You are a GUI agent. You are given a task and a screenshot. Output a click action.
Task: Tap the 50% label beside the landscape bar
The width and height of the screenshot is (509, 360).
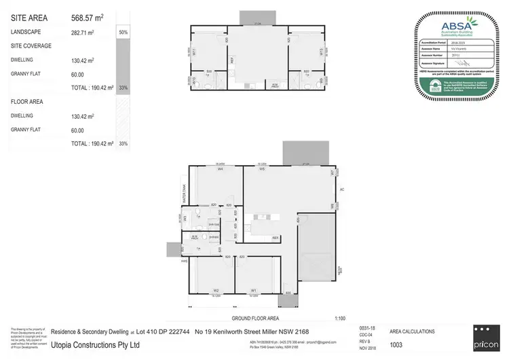tap(123, 32)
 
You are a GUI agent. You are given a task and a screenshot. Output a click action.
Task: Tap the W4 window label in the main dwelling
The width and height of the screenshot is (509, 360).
tap(221, 169)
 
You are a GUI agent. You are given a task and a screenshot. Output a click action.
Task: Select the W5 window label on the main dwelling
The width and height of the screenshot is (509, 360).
tap(261, 169)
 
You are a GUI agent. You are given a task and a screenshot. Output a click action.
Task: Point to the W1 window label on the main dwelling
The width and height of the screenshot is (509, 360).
tap(253, 290)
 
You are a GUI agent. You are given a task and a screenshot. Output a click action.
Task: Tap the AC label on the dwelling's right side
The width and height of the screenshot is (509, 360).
tap(342, 190)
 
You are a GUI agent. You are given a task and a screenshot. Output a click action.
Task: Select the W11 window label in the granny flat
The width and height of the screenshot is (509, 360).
tap(194, 51)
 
